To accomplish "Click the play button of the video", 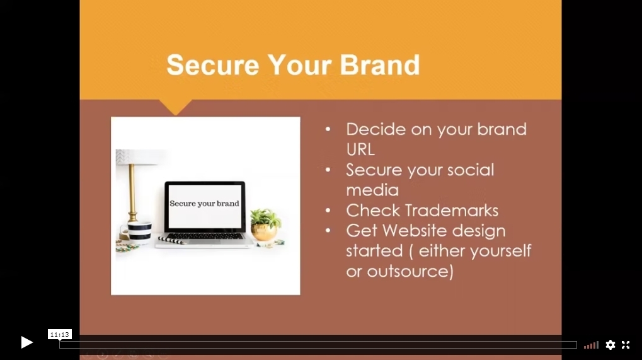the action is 26,342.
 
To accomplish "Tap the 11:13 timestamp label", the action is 60,335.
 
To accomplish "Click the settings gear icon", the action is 610,345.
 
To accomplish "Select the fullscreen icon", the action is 626,345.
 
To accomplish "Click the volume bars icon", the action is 591,345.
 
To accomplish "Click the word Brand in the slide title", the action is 379,65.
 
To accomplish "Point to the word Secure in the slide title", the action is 213,65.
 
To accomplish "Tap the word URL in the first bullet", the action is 360,149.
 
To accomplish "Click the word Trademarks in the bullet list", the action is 452,211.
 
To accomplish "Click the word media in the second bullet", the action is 372,190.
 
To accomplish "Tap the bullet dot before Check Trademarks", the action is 328,211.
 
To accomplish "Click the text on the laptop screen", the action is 204,204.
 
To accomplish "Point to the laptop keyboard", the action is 205,236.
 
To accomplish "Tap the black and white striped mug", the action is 139,233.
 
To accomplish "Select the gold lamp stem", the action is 132,192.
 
